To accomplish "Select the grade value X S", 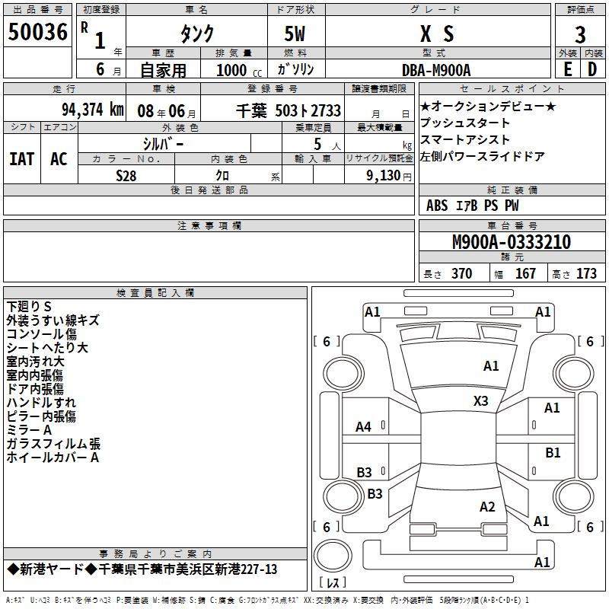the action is [437, 34].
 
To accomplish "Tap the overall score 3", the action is [580, 34].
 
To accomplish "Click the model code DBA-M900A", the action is [437, 69].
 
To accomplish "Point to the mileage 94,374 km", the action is [91, 110].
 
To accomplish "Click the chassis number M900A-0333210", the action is [511, 242].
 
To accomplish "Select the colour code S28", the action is [126, 175].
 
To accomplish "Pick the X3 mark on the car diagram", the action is [480, 400].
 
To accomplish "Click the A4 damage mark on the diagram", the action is [364, 427].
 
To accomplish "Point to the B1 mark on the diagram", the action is [553, 452].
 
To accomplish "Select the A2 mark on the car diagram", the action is [487, 507].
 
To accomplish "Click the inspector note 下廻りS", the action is [34, 307].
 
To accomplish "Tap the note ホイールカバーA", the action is [53, 458].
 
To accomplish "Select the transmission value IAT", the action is [21, 159].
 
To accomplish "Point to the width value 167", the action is [525, 273].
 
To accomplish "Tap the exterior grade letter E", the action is [566, 69].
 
